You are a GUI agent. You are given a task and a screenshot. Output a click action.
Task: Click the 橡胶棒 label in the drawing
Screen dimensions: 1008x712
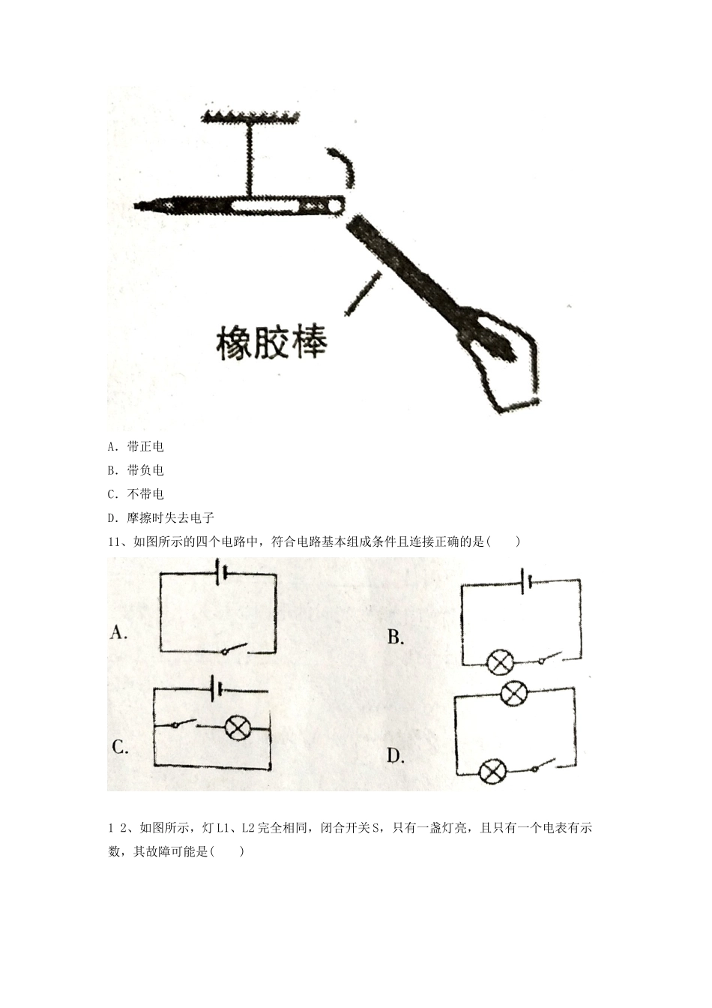coord(271,343)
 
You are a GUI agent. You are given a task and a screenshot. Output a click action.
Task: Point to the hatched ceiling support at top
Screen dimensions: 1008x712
coord(250,115)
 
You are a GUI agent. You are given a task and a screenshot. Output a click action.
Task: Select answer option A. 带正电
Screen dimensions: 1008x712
coord(136,447)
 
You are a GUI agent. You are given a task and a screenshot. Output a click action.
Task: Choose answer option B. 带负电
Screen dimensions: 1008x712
coord(136,471)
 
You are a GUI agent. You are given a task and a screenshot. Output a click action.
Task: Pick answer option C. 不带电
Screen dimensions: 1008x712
coord(136,494)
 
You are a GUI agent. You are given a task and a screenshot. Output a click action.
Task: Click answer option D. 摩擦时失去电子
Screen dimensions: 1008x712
coord(161,518)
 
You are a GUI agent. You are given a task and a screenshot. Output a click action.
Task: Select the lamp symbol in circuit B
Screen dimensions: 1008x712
coord(500,663)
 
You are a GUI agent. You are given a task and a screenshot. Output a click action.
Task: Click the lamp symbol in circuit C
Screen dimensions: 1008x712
coord(238,727)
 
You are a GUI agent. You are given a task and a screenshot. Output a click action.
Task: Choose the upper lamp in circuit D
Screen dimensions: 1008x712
coord(513,694)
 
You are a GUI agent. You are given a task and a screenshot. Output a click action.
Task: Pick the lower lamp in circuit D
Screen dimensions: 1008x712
coord(492,771)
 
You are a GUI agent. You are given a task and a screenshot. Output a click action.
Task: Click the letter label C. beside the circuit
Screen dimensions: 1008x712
coord(120,747)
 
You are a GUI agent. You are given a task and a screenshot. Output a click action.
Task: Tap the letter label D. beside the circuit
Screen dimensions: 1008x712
coord(396,756)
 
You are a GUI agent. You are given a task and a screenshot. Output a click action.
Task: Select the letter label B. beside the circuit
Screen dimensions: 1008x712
coord(396,637)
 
